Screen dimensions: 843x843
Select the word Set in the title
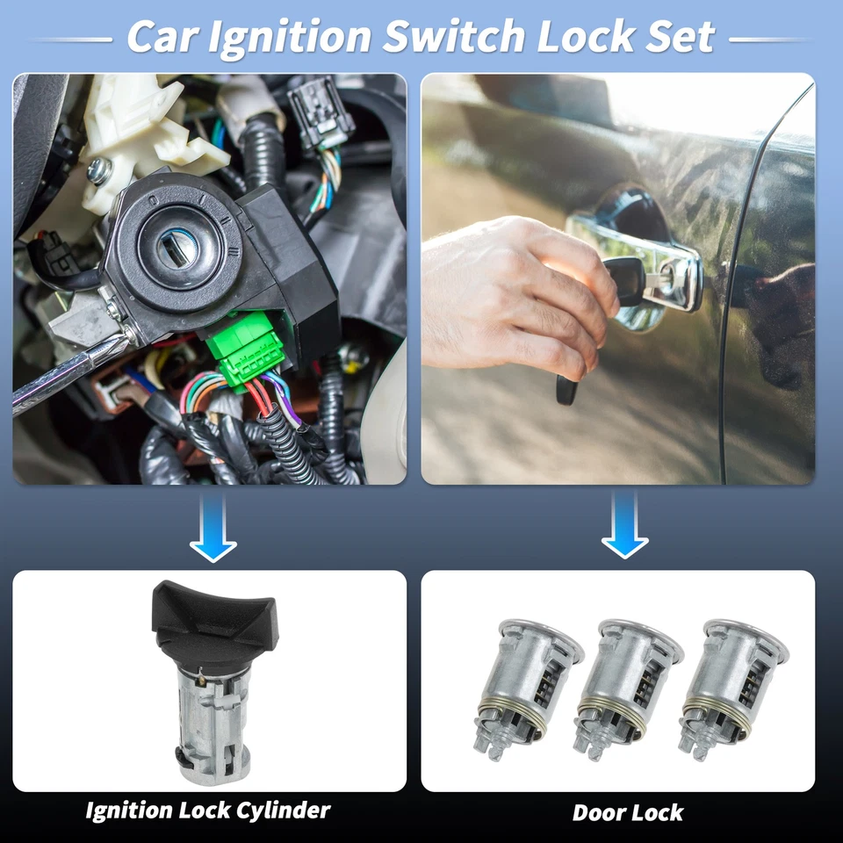pos(680,37)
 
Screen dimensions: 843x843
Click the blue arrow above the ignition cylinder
pos(213,527)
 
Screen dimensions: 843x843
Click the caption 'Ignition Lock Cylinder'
pos(208,810)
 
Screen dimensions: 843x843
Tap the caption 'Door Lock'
pos(627,812)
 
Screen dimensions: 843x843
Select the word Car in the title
pos(163,37)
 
